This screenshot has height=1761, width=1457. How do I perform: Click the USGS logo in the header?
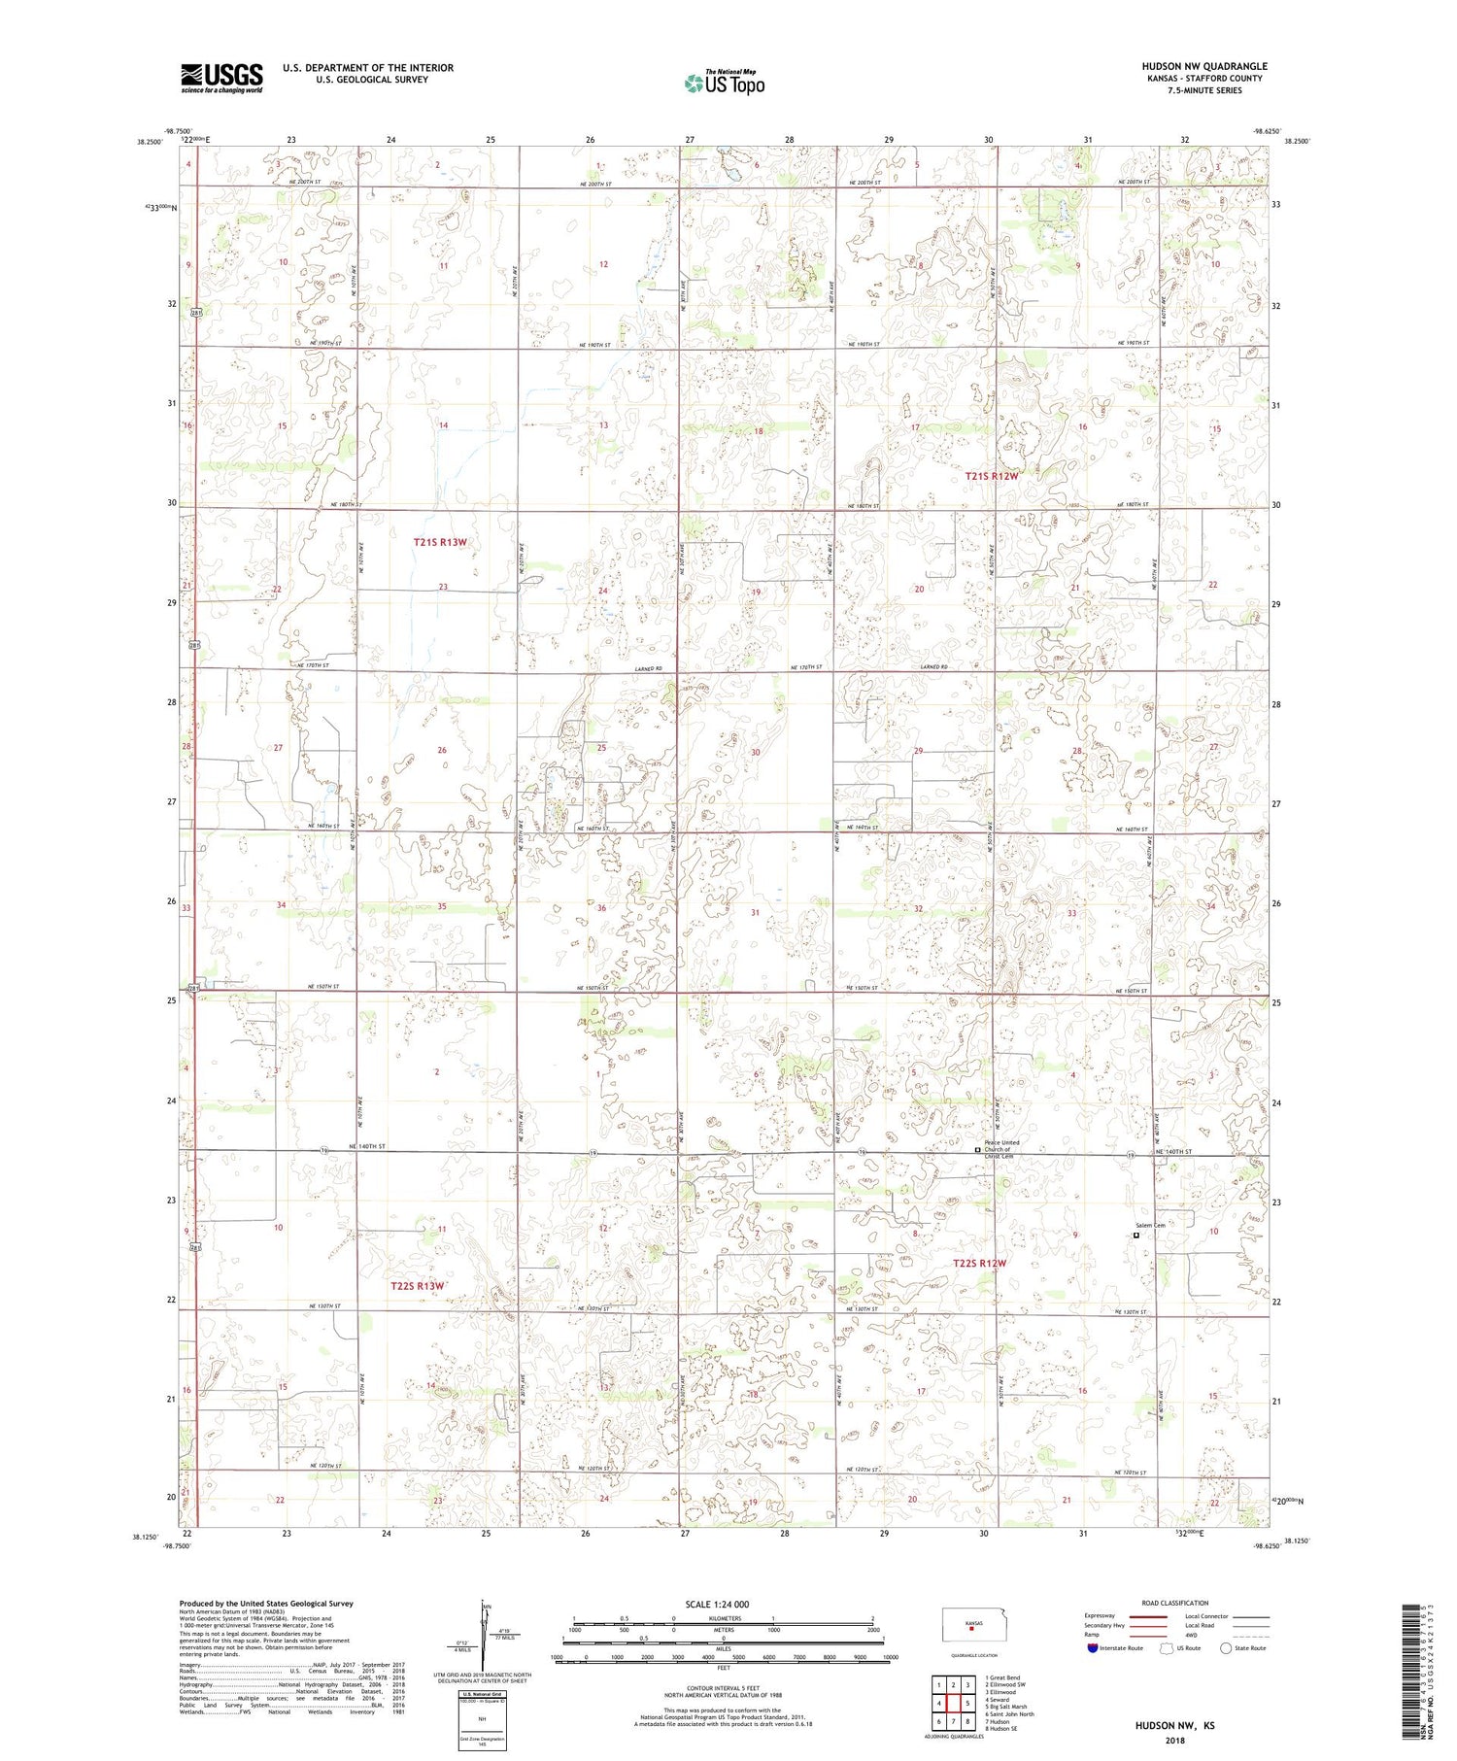point(221,78)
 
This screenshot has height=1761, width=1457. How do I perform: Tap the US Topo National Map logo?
point(724,83)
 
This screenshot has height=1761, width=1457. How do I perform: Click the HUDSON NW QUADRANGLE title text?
point(1204,66)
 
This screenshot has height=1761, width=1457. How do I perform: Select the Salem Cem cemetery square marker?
point(1135,1236)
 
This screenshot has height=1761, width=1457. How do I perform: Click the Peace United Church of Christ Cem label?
point(1003,1149)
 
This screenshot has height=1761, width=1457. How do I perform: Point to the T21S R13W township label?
point(447,542)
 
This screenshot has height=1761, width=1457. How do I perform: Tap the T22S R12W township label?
point(980,1263)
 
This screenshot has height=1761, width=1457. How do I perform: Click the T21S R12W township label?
point(992,476)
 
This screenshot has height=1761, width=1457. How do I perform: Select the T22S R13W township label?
point(417,1285)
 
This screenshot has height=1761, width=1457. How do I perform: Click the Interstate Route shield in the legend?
point(1093,1648)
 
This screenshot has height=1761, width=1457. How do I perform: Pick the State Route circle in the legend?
point(1226,1648)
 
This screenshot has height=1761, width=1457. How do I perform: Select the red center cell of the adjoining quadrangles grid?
point(954,1703)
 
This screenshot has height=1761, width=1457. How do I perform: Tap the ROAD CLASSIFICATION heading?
point(1175,1603)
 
